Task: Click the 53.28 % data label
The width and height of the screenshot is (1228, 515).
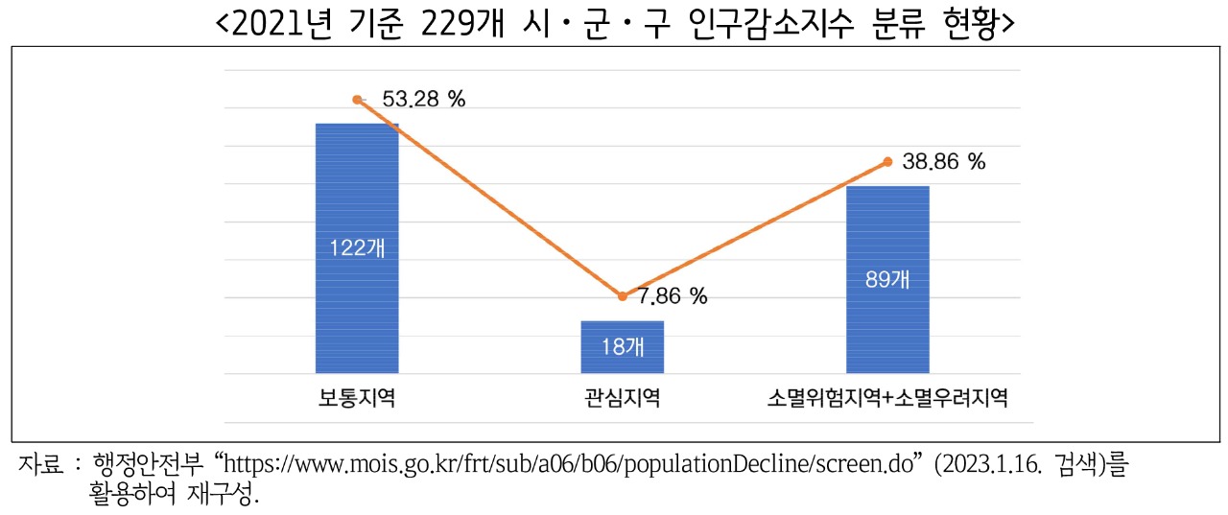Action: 423,99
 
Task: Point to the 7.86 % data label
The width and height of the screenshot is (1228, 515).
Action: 673,296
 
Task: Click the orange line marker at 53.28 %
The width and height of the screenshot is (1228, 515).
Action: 357,99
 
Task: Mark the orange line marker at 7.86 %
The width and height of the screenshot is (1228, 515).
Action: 622,296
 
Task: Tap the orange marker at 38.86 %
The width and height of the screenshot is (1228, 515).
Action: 887,162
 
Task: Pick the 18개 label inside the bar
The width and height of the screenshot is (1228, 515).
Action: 622,347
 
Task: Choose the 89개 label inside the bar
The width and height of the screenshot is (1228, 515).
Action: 887,281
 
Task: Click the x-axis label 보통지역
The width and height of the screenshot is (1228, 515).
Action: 357,397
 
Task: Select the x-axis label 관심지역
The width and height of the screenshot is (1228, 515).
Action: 622,397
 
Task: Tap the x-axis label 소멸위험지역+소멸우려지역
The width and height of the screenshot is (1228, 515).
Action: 887,397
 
